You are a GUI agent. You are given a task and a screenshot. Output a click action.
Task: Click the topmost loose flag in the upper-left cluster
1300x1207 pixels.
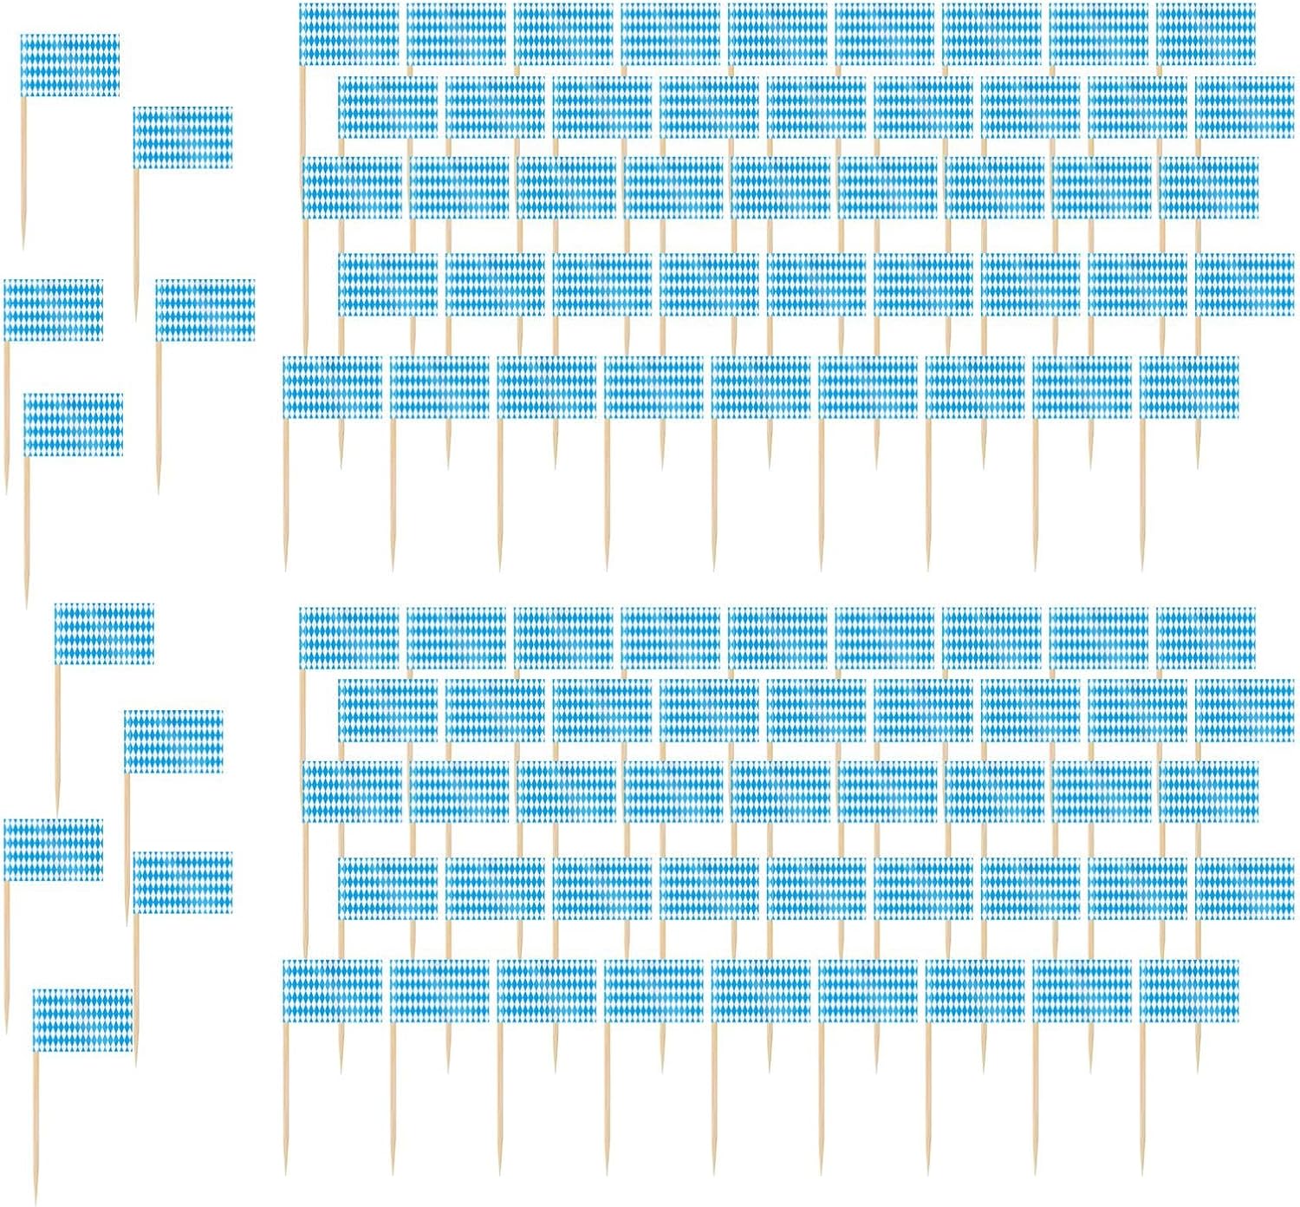(69, 65)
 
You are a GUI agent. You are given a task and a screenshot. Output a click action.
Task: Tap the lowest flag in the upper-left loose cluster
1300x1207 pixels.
(74, 424)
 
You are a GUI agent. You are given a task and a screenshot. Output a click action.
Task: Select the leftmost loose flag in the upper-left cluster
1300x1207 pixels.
(53, 310)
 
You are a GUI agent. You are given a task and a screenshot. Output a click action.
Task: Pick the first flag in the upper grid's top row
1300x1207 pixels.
(348, 35)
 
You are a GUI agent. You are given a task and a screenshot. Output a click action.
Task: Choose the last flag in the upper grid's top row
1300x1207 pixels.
(1206, 35)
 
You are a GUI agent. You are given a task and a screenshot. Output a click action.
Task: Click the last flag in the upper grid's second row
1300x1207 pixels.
(1245, 108)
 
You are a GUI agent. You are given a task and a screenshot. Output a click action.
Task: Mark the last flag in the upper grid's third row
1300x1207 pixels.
(1209, 187)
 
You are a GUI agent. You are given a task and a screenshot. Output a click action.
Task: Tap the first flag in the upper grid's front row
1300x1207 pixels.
(332, 387)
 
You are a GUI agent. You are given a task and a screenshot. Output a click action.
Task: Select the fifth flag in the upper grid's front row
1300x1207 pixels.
(761, 387)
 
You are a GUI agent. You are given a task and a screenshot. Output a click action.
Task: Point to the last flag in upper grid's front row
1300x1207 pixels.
(1189, 387)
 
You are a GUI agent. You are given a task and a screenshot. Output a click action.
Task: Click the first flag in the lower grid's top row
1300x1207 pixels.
(348, 639)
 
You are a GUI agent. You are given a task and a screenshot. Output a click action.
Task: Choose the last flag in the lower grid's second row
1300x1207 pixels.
(1245, 711)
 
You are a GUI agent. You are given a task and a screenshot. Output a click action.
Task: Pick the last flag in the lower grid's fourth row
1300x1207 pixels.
(1245, 889)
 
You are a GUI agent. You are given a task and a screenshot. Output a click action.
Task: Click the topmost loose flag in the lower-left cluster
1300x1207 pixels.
(104, 634)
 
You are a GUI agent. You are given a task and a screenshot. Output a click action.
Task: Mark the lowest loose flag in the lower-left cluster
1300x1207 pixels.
(82, 1020)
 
